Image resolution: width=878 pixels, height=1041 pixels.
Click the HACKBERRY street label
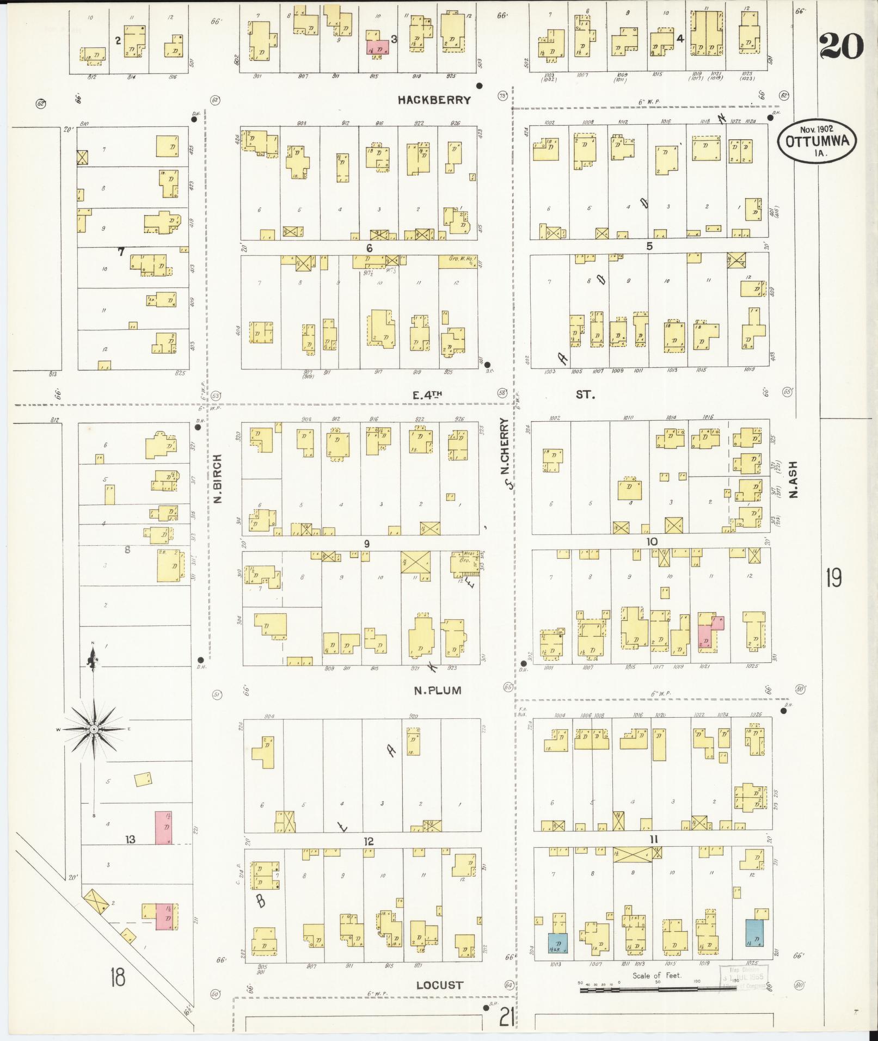coord(433,100)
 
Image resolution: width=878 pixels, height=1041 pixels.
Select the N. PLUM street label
coord(437,691)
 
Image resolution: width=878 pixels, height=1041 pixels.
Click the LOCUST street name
coord(440,985)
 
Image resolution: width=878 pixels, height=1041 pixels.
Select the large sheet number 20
coord(842,46)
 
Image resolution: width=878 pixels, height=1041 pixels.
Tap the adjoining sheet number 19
coord(833,578)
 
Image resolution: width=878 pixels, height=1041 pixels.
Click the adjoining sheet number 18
coord(116,977)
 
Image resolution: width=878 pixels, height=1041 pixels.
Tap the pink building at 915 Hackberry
coord(377,47)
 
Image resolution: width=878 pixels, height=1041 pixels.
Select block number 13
coord(130,840)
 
